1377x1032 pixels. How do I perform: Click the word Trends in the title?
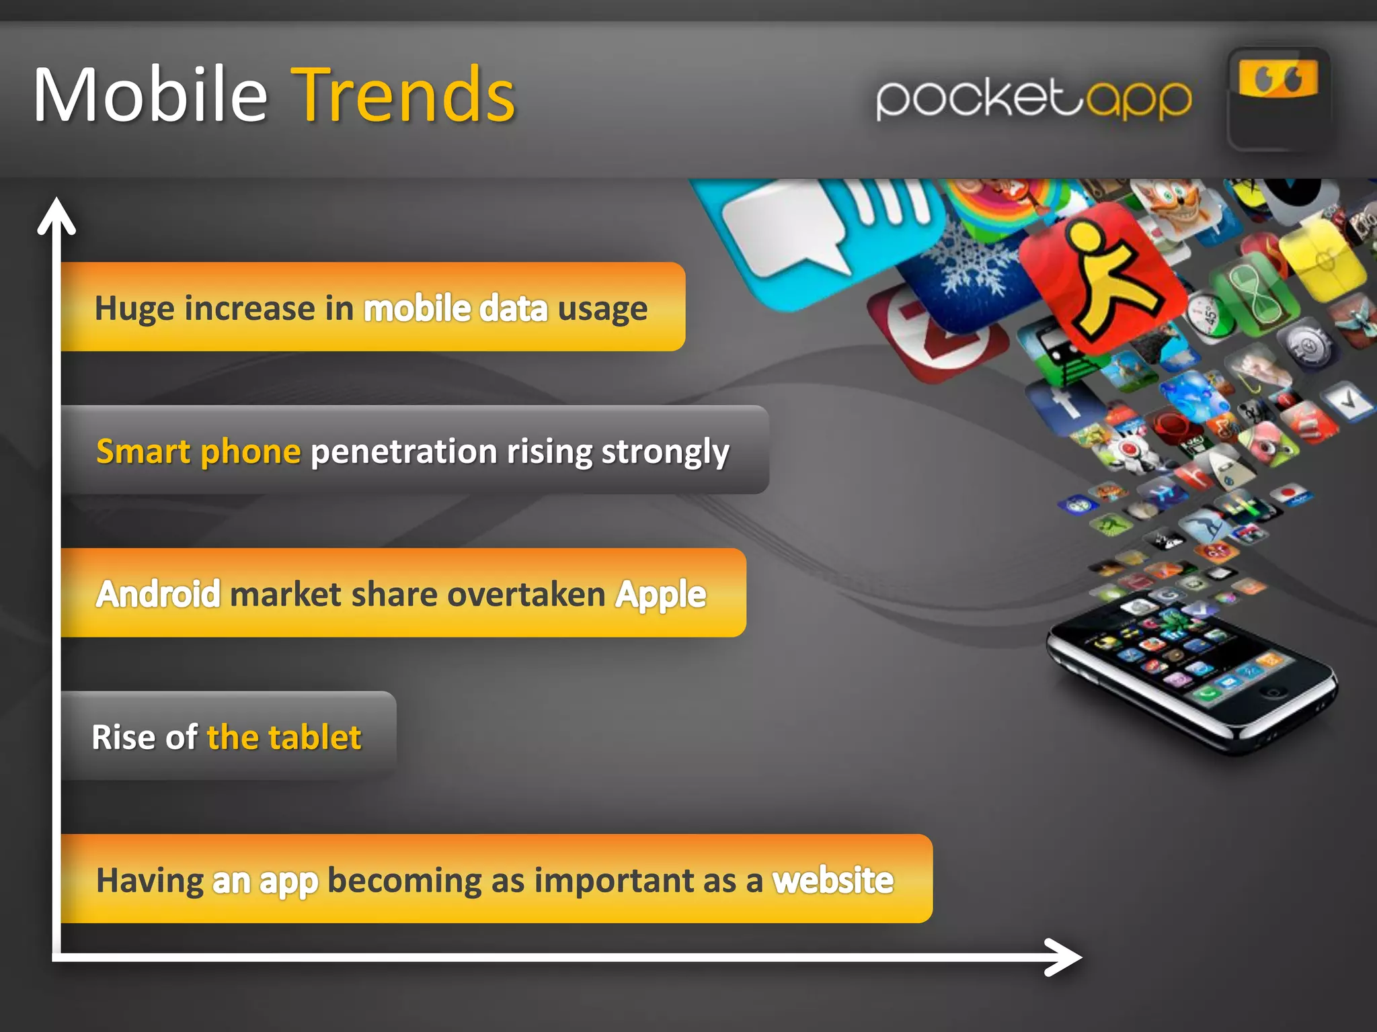point(406,95)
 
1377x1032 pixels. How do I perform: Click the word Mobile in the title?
point(151,95)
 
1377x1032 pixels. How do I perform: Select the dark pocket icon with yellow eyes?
point(1277,99)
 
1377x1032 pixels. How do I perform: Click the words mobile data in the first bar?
point(455,308)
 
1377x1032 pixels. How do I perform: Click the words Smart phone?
point(198,451)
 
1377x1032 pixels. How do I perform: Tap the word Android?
point(158,594)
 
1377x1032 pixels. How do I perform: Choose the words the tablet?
point(284,737)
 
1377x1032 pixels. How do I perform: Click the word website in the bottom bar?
point(833,880)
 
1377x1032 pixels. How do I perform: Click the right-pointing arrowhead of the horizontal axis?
point(1066,957)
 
